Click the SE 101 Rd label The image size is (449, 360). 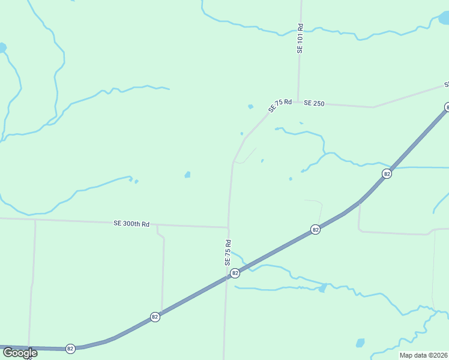[300, 39]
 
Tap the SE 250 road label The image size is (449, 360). [314, 103]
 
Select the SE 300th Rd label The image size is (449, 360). [131, 224]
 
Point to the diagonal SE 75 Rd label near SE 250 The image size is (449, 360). [280, 106]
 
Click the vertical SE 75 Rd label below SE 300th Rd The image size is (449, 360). [228, 253]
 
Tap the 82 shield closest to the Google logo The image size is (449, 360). [70, 349]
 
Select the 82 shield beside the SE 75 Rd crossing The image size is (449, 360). [235, 273]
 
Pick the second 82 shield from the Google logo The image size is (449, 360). [155, 316]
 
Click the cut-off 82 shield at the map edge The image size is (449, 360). [447, 107]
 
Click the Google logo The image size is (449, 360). [20, 353]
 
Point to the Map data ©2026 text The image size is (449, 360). [423, 355]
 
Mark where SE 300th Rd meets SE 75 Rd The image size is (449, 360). [228, 227]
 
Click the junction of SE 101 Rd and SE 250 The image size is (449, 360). [298, 102]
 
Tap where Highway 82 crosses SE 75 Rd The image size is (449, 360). [227, 277]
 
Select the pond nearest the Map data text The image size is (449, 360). [360, 343]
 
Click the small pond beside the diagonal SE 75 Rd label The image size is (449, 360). [250, 107]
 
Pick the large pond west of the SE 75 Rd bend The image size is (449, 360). [187, 175]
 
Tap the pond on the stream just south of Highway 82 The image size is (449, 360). [322, 288]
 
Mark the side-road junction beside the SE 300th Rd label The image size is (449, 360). [157, 226]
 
